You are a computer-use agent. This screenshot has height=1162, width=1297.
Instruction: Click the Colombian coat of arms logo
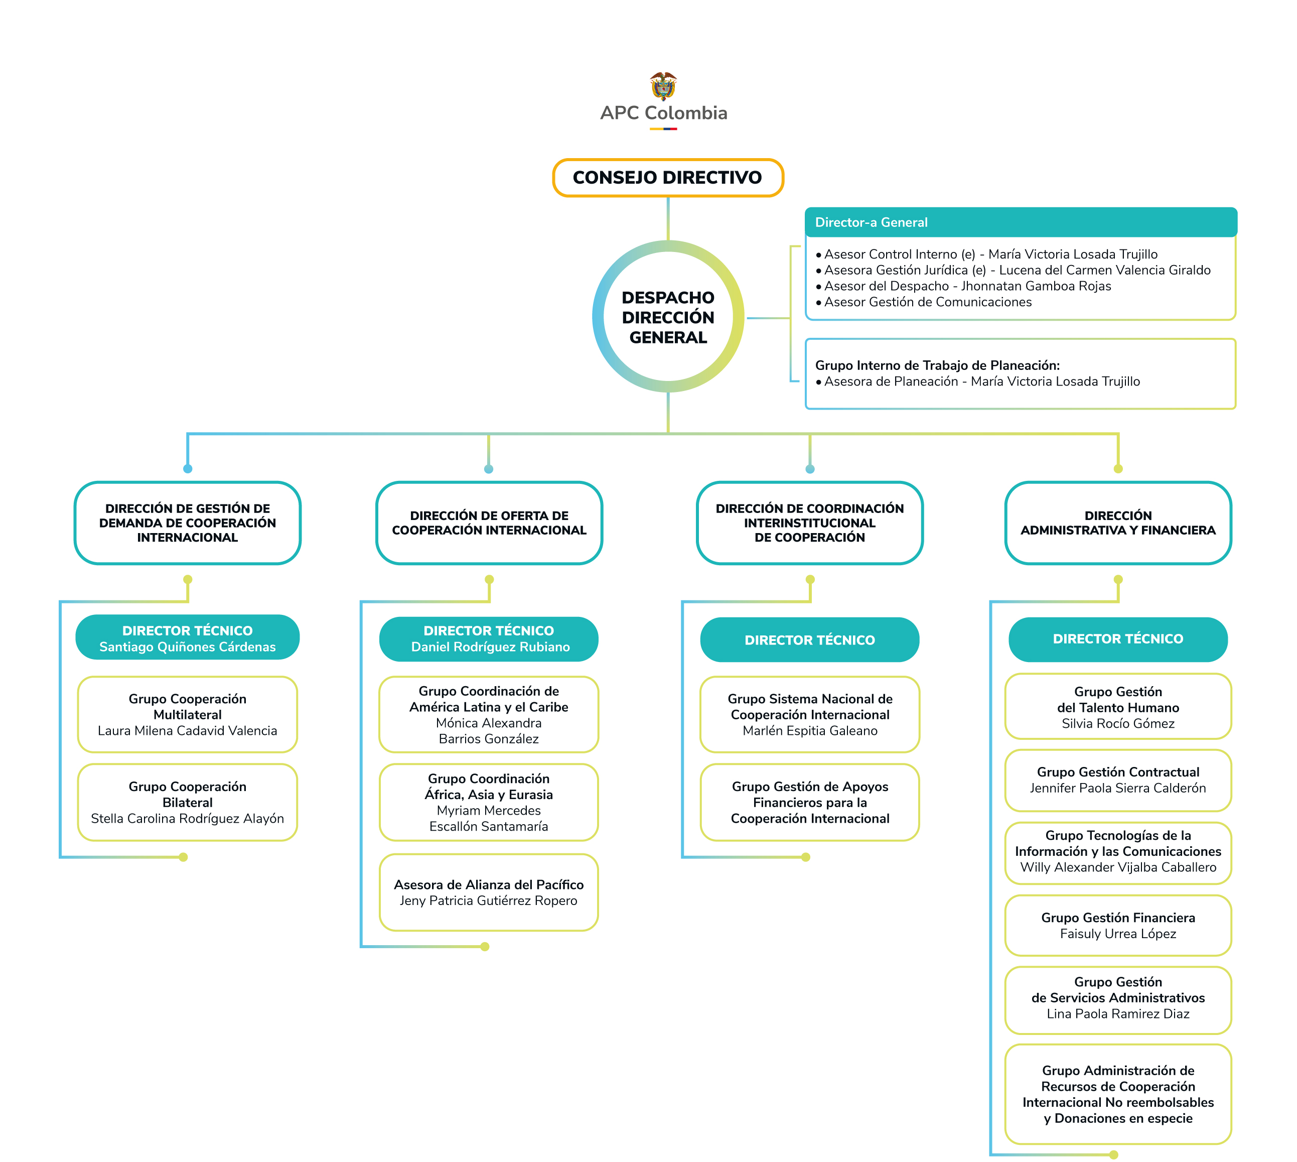point(663,86)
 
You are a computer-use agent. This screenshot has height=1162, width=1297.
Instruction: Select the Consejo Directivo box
point(668,178)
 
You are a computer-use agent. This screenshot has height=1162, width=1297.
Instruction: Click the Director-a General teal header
point(1021,222)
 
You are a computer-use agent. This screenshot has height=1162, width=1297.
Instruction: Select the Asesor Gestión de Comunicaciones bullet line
point(924,302)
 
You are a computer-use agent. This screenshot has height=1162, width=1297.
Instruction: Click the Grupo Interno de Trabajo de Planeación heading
point(937,365)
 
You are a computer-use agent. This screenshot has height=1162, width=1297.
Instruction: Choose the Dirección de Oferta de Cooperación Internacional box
point(489,523)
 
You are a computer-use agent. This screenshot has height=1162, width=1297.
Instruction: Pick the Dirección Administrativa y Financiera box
point(1118,523)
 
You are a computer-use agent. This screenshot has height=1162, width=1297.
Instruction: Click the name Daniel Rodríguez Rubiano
point(490,647)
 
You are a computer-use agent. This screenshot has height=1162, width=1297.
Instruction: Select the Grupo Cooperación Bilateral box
point(187,802)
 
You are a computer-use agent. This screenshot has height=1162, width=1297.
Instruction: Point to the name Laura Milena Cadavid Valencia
point(187,730)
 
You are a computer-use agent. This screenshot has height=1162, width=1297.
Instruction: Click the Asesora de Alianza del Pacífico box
point(489,892)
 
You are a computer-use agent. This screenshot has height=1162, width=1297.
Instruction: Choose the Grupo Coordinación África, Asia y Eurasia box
point(489,802)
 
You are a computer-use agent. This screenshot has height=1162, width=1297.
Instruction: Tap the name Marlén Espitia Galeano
point(810,730)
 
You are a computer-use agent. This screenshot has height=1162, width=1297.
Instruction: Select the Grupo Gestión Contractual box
point(1118,780)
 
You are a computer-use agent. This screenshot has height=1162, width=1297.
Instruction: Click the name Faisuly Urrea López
point(1118,934)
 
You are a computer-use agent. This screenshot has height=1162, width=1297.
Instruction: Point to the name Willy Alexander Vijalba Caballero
point(1118,867)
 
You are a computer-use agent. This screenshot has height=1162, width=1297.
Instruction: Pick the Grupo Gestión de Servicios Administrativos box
point(1118,1000)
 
